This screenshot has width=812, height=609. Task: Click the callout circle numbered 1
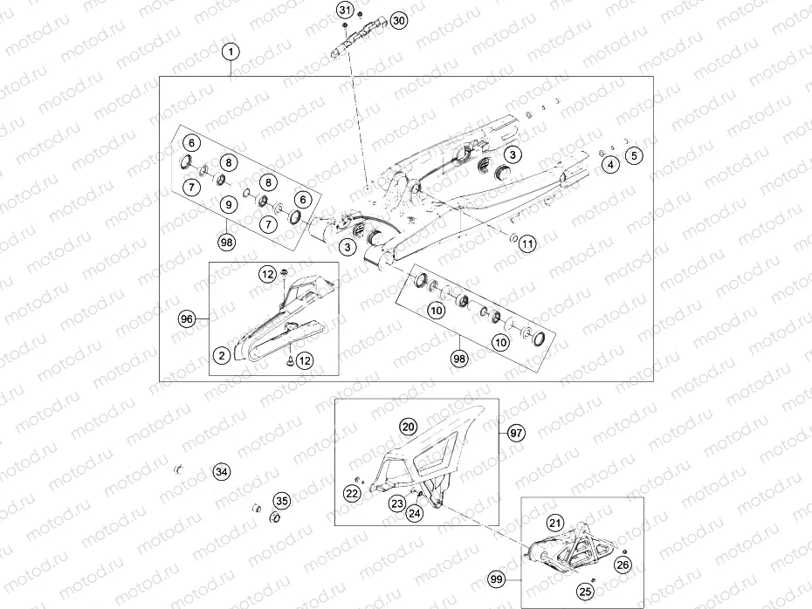coord(231,52)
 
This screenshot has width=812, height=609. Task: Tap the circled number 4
coord(611,163)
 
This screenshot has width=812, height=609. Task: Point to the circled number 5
coord(635,156)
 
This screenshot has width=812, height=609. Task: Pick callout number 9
coord(228,204)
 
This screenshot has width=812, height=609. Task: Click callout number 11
coord(526,245)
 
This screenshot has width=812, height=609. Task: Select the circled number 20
coord(408,427)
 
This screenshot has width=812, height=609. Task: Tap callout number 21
coord(555,523)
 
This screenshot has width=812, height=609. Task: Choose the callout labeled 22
coord(352,494)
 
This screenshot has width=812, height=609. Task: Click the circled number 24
coord(415,513)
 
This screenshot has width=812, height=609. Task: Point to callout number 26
coord(623,565)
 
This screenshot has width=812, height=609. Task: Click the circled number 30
coord(398,20)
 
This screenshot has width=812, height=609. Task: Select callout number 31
coord(346,10)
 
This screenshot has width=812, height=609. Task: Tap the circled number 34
coord(222,472)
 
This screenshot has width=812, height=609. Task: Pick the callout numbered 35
coord(281,501)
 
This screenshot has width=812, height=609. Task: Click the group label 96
coord(186,319)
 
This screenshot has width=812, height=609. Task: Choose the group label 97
coord(515,433)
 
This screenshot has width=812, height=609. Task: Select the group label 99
coord(497,578)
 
